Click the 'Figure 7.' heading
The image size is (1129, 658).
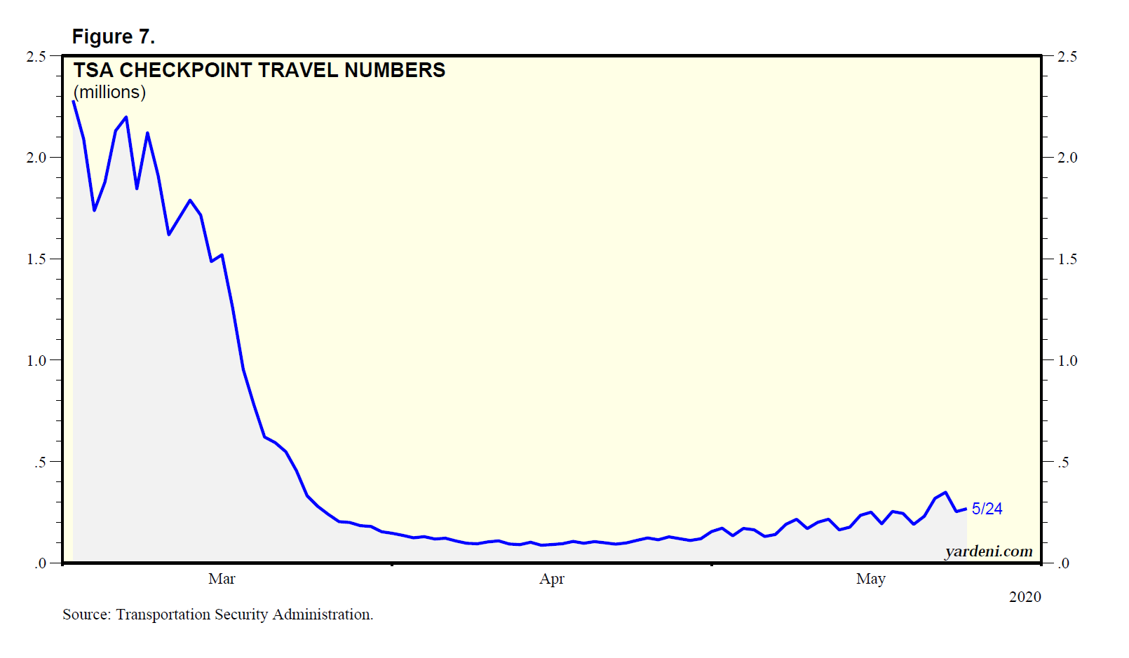pos(113,36)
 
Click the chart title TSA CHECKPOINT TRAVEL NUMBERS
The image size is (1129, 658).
pos(259,70)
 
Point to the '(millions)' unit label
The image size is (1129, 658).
pos(109,92)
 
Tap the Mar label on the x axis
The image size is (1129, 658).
pos(222,579)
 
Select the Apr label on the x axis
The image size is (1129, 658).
pos(552,579)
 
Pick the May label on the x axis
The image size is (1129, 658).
pos(871,579)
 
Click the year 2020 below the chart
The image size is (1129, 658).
pos(1025,597)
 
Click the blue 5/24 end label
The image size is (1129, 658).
pos(987,509)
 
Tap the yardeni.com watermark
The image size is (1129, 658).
pos(989,551)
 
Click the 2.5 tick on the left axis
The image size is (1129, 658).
pos(36,57)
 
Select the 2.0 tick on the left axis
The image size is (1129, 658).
pos(36,158)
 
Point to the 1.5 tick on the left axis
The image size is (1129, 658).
pos(36,259)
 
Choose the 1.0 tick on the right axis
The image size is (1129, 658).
pos(1067,361)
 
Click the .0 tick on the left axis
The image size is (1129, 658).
pos(40,563)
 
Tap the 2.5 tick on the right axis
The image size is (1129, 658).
pos(1067,57)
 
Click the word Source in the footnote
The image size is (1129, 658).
pos(86,615)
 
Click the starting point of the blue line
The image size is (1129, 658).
pos(73,102)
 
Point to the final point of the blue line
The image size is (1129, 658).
pos(966,509)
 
